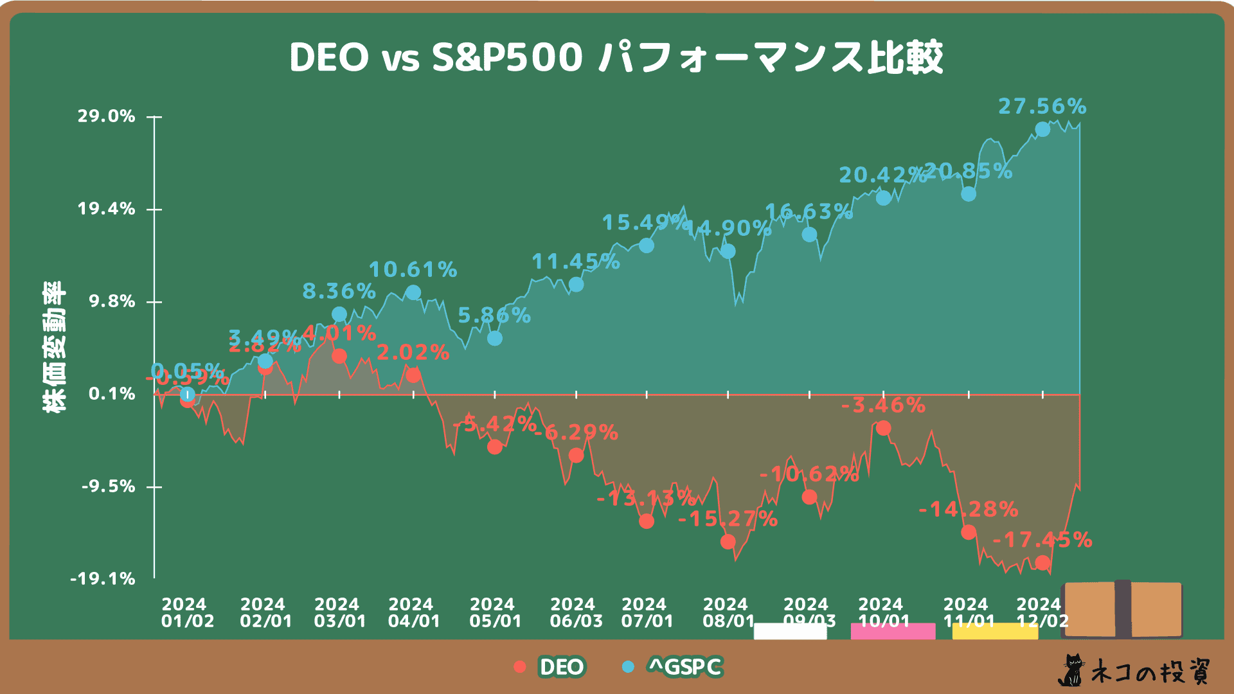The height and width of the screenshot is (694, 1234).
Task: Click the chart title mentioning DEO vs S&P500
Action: (x=616, y=58)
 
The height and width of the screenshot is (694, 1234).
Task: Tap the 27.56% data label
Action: (x=1042, y=106)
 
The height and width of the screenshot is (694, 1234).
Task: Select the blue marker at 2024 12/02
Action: (x=1042, y=130)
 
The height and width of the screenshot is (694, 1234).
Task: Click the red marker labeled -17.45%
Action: (x=1042, y=564)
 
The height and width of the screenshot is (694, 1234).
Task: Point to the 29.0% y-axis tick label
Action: (x=107, y=116)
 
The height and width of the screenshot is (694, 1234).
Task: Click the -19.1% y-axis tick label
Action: (x=103, y=579)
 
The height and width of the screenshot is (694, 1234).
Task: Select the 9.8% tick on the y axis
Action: (x=112, y=301)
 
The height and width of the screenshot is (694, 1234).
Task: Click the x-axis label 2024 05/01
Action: (x=492, y=613)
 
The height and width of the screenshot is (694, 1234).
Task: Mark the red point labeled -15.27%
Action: (x=728, y=542)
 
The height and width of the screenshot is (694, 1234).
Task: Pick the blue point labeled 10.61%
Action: (x=413, y=292)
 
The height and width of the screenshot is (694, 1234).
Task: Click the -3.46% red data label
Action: (x=883, y=405)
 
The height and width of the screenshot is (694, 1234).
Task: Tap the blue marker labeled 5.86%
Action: (x=494, y=338)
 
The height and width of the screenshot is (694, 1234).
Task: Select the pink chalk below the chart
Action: (x=893, y=631)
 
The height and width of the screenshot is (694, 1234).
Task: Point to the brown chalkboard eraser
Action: (x=1122, y=609)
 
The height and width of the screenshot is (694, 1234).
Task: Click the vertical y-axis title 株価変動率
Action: (x=54, y=347)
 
